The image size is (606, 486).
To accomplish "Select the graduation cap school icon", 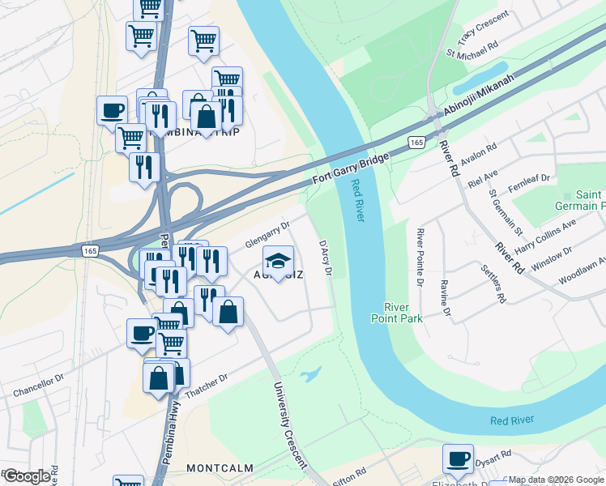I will pyautogui.click(x=278, y=261).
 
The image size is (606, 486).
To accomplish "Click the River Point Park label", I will pyautogui.click(x=403, y=313).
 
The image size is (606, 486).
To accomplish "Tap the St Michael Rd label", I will pyautogui.click(x=472, y=49).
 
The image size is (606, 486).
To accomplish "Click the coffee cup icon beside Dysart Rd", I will pyautogui.click(x=458, y=457).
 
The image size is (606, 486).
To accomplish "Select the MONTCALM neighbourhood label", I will pyautogui.click(x=220, y=468).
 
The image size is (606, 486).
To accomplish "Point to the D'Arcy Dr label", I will pyautogui.click(x=326, y=258).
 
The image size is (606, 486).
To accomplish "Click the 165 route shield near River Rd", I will pyautogui.click(x=416, y=142).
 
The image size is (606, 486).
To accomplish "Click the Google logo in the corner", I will pyautogui.click(x=26, y=476).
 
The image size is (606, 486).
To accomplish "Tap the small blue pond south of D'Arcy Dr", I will pyautogui.click(x=309, y=374).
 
